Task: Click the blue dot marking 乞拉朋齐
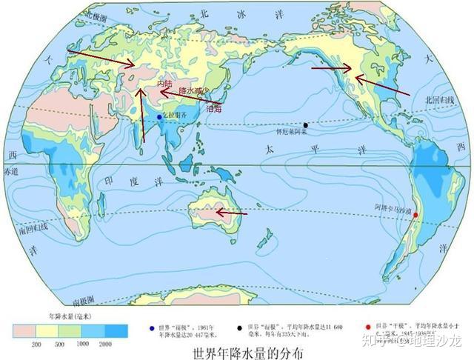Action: pos(159,117)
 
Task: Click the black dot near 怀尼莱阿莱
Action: pos(305,125)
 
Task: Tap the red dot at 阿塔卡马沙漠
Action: pos(415,215)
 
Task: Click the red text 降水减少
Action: pos(193,90)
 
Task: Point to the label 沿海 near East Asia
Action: pos(214,108)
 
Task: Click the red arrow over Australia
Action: pos(232,213)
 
